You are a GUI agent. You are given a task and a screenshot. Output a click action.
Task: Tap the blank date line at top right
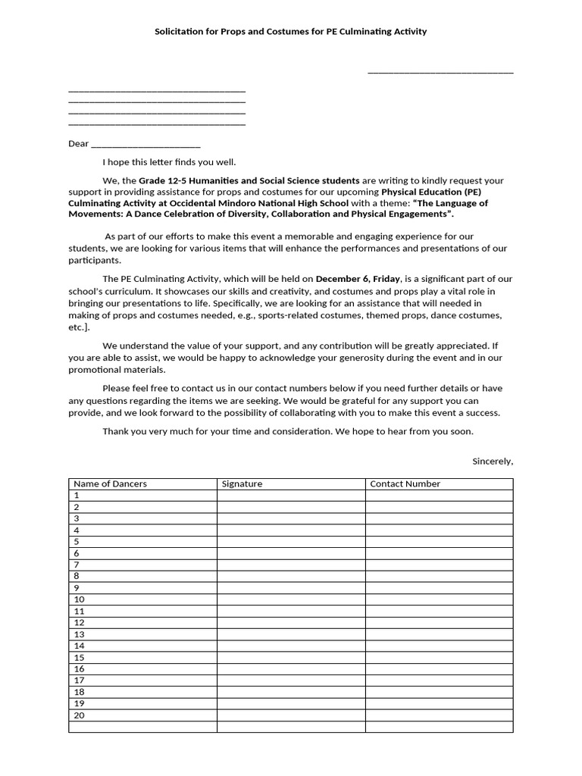point(440,73)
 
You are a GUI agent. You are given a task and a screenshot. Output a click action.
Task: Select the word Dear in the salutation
point(78,143)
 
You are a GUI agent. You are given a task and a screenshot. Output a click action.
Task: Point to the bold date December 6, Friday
point(358,279)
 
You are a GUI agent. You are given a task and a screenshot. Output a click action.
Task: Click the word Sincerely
point(493,461)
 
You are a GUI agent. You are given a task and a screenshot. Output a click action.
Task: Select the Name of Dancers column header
point(111,483)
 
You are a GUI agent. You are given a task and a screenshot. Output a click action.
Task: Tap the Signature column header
point(242,483)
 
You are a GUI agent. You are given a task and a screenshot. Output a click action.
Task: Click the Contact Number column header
point(405,483)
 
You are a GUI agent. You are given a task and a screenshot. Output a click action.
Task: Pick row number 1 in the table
point(77,495)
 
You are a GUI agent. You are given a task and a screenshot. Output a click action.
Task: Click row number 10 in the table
point(80,599)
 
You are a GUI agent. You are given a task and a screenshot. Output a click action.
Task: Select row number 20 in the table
point(80,715)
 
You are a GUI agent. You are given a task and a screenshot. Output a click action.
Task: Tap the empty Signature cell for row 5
point(291,542)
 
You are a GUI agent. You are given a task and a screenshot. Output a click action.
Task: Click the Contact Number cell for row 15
point(439,658)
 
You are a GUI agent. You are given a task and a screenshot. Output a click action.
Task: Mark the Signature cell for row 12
point(291,623)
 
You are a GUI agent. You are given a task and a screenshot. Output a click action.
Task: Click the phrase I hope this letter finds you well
point(169,161)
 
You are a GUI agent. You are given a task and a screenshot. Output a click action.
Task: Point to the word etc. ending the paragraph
point(78,327)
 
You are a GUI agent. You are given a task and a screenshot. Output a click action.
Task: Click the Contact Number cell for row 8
point(439,577)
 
